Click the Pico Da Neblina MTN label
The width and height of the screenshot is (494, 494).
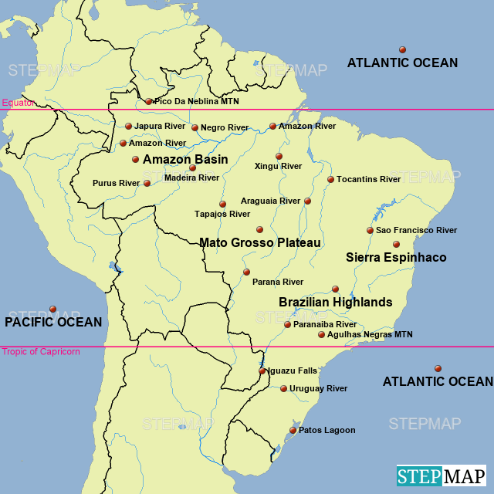click(197, 101)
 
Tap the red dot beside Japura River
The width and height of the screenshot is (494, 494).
click(129, 126)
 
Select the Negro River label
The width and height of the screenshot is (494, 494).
click(225, 127)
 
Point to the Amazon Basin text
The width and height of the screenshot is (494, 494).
click(185, 159)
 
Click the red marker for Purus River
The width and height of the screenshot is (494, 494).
click(147, 183)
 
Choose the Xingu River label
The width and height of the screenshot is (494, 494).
click(278, 166)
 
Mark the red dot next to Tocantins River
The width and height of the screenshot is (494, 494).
click(330, 179)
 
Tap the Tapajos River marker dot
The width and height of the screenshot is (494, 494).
click(222, 204)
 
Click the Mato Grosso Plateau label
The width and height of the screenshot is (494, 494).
click(260, 242)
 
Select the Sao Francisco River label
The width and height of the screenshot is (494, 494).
click(416, 230)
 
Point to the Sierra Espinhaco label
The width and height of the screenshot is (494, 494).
click(396, 257)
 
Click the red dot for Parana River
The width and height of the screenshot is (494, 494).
click(246, 272)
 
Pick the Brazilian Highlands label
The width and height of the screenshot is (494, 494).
click(336, 302)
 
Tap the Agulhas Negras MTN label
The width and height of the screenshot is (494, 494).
click(370, 334)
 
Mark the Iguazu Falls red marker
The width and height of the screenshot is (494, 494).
click(262, 370)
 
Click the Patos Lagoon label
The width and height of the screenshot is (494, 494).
click(327, 430)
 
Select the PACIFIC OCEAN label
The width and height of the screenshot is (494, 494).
click(53, 322)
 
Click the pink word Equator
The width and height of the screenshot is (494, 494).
click(19, 103)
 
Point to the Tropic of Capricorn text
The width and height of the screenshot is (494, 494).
click(41, 352)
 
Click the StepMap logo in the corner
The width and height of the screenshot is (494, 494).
click(442, 475)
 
